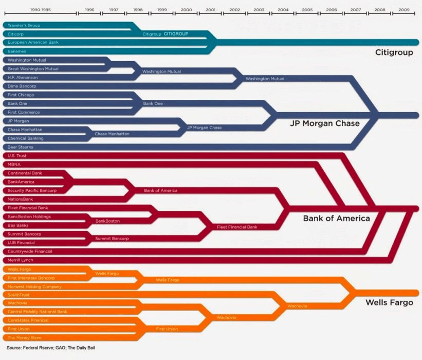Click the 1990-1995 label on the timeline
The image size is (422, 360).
point(41,10)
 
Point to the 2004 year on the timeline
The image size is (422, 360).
point(283,10)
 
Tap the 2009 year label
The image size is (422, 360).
point(404,10)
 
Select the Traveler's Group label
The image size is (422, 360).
point(24,25)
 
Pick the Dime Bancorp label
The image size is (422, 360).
point(22,86)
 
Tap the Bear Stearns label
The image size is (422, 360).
point(21,147)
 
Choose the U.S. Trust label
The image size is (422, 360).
point(17,156)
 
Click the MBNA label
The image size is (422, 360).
point(14,165)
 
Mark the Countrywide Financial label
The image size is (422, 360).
point(30,251)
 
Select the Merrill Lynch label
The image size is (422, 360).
point(21,260)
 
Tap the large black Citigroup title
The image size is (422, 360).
point(394,52)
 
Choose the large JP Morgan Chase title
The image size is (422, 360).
point(324,123)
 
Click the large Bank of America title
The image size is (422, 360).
point(336,219)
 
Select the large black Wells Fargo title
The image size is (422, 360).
point(389,302)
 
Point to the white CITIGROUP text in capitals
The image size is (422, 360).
point(176,34)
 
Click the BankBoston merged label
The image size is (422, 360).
point(107,221)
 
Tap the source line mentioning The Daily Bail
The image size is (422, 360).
point(51,348)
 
